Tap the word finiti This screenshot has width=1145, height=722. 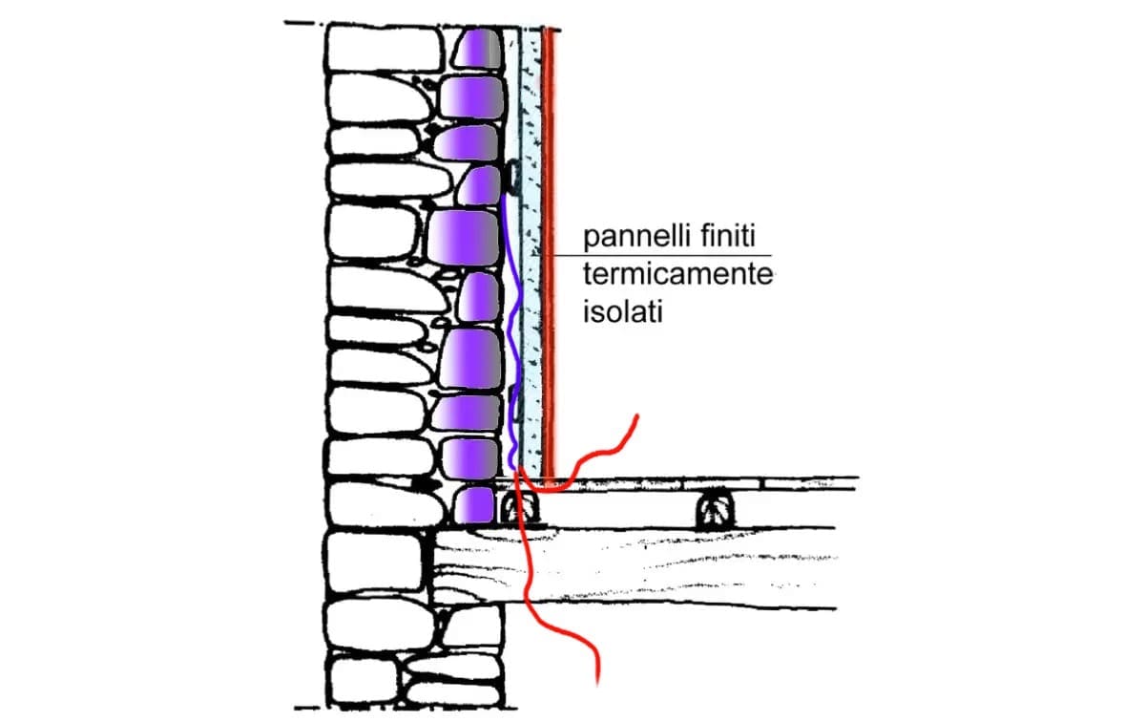pyautogui.click(x=734, y=236)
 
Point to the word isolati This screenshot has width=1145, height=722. pyautogui.click(x=622, y=312)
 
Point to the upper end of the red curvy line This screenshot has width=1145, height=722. pyautogui.click(x=636, y=416)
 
